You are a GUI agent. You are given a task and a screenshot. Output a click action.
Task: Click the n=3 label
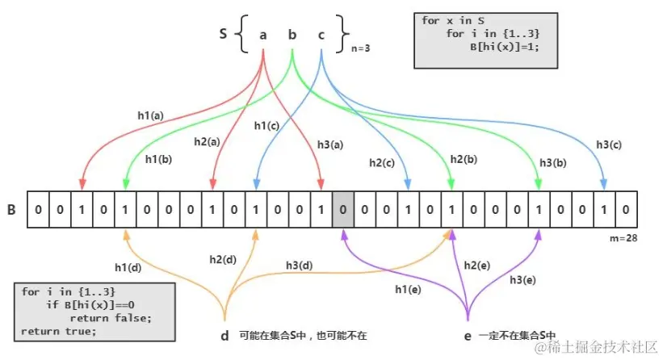tap(361, 48)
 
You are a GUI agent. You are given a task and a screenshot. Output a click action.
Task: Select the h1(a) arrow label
tap(150, 115)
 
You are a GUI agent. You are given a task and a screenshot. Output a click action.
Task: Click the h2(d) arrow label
tap(223, 259)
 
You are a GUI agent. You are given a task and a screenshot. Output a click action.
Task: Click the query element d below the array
tap(224, 335)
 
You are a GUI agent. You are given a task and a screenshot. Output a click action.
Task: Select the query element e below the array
tap(468, 335)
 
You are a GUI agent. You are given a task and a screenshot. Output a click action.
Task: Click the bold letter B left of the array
tap(12, 210)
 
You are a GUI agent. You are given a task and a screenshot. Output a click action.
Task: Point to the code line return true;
tap(59, 331)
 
